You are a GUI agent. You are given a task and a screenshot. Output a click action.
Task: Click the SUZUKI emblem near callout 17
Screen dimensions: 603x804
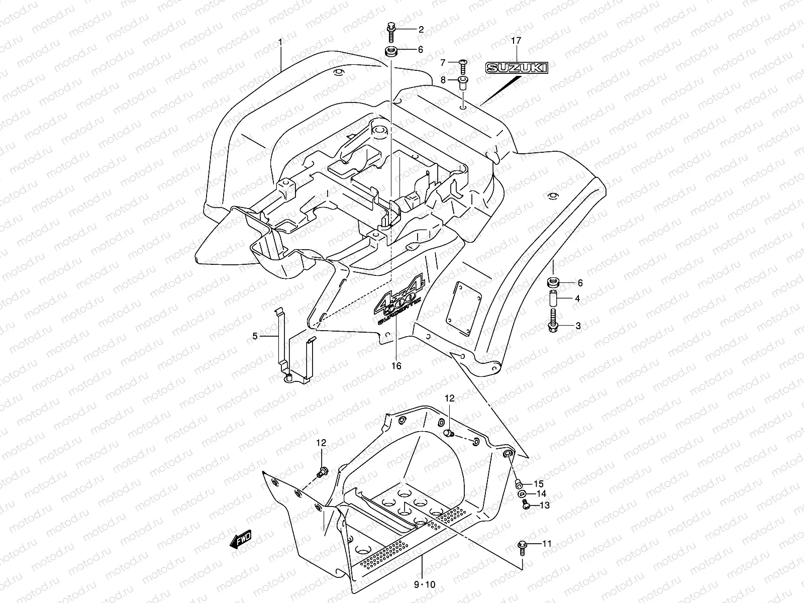click(x=516, y=68)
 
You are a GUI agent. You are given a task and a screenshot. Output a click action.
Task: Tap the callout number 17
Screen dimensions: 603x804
click(x=516, y=40)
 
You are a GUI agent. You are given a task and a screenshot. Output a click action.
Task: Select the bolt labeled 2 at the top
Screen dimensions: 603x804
click(x=391, y=31)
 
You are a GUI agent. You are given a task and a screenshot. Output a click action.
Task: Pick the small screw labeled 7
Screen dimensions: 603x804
click(x=463, y=63)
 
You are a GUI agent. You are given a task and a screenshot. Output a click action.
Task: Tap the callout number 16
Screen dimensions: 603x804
click(x=396, y=366)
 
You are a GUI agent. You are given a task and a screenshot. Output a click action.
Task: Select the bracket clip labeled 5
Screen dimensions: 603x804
click(x=294, y=352)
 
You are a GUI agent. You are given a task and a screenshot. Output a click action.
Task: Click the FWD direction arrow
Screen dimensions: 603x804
click(x=240, y=540)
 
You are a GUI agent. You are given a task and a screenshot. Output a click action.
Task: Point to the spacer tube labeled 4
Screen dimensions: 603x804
click(x=553, y=299)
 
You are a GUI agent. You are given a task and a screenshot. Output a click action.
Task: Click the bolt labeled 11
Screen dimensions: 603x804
click(x=522, y=546)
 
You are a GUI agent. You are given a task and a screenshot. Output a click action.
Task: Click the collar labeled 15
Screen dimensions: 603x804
click(x=519, y=484)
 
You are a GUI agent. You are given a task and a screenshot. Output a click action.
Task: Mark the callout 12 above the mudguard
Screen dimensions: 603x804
click(x=449, y=398)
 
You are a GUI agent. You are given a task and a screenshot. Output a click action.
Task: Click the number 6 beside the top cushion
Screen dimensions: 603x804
click(x=420, y=49)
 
